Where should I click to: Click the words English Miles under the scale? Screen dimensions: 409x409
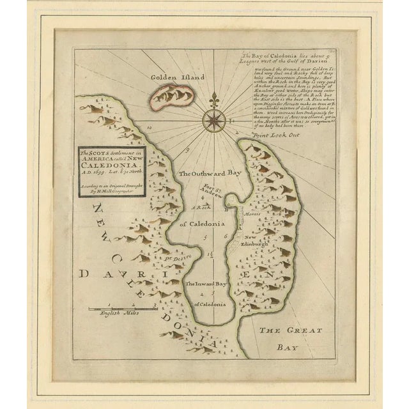[x=118, y=314]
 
